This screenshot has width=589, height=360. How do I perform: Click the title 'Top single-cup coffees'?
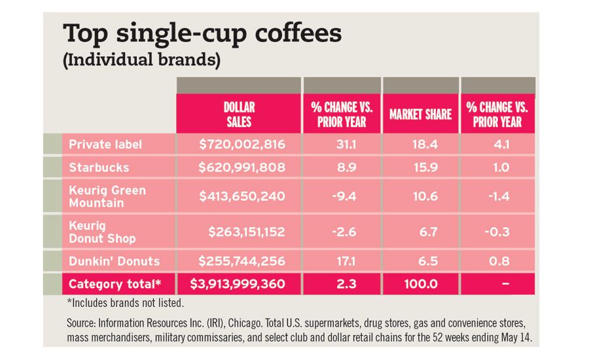(202, 35)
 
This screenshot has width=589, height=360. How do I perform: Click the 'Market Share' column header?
(420, 115)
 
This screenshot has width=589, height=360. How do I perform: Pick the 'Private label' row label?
(105, 143)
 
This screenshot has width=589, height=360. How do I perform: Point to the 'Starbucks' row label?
(99, 168)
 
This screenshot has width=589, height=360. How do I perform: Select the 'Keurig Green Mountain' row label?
(107, 196)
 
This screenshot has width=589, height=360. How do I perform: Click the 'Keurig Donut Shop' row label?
(102, 232)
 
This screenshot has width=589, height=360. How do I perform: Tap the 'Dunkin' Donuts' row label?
(115, 261)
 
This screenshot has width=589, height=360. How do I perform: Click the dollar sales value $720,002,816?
(241, 143)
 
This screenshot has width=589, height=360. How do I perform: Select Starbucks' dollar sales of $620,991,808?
(241, 168)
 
